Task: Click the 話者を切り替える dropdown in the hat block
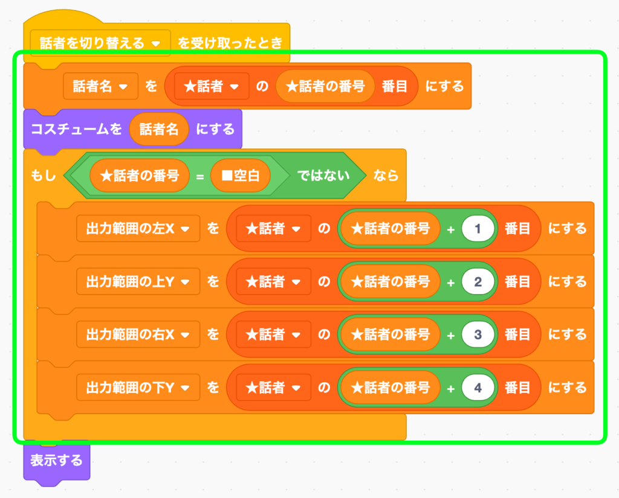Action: pyautogui.click(x=100, y=43)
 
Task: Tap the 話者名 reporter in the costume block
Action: pyautogui.click(x=159, y=129)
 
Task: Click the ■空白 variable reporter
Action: pyautogui.click(x=240, y=176)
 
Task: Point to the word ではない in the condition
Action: pyautogui.click(x=323, y=176)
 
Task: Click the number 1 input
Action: pyautogui.click(x=478, y=229)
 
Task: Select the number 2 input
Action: pyautogui.click(x=478, y=282)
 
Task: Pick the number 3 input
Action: pyautogui.click(x=478, y=334)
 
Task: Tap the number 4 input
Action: pyautogui.click(x=478, y=388)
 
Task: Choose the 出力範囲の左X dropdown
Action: pyautogui.click(x=138, y=229)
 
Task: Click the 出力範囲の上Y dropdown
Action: pyautogui.click(x=138, y=282)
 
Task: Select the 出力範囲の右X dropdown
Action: pyautogui.click(x=138, y=334)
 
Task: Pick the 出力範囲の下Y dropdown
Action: pyautogui.click(x=138, y=388)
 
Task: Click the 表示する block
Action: pyautogui.click(x=56, y=461)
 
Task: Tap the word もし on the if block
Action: pyautogui.click(x=43, y=176)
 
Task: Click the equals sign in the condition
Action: pyautogui.click(x=198, y=176)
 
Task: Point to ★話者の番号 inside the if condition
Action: pyautogui.click(x=140, y=176)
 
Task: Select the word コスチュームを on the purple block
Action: pyautogui.click(x=76, y=129)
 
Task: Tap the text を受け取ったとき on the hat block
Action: pyautogui.click(x=230, y=43)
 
